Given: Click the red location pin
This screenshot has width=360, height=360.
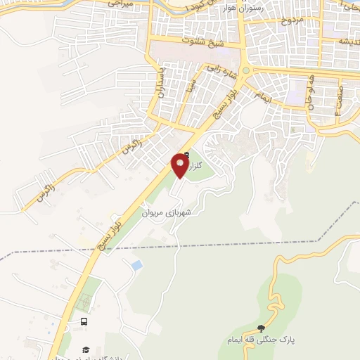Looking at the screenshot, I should coord(179,165).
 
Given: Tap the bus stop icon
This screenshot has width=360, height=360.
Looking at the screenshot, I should coord(84,321).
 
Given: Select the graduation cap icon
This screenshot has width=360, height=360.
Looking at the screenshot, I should coord(86,349).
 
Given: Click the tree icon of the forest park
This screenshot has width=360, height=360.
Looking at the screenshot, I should coord(262,328).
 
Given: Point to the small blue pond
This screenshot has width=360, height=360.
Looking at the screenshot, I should coord(136,265).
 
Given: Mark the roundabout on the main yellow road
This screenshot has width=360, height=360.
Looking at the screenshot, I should coord(246,71).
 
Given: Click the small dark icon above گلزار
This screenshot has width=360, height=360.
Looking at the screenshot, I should coord(186,155).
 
